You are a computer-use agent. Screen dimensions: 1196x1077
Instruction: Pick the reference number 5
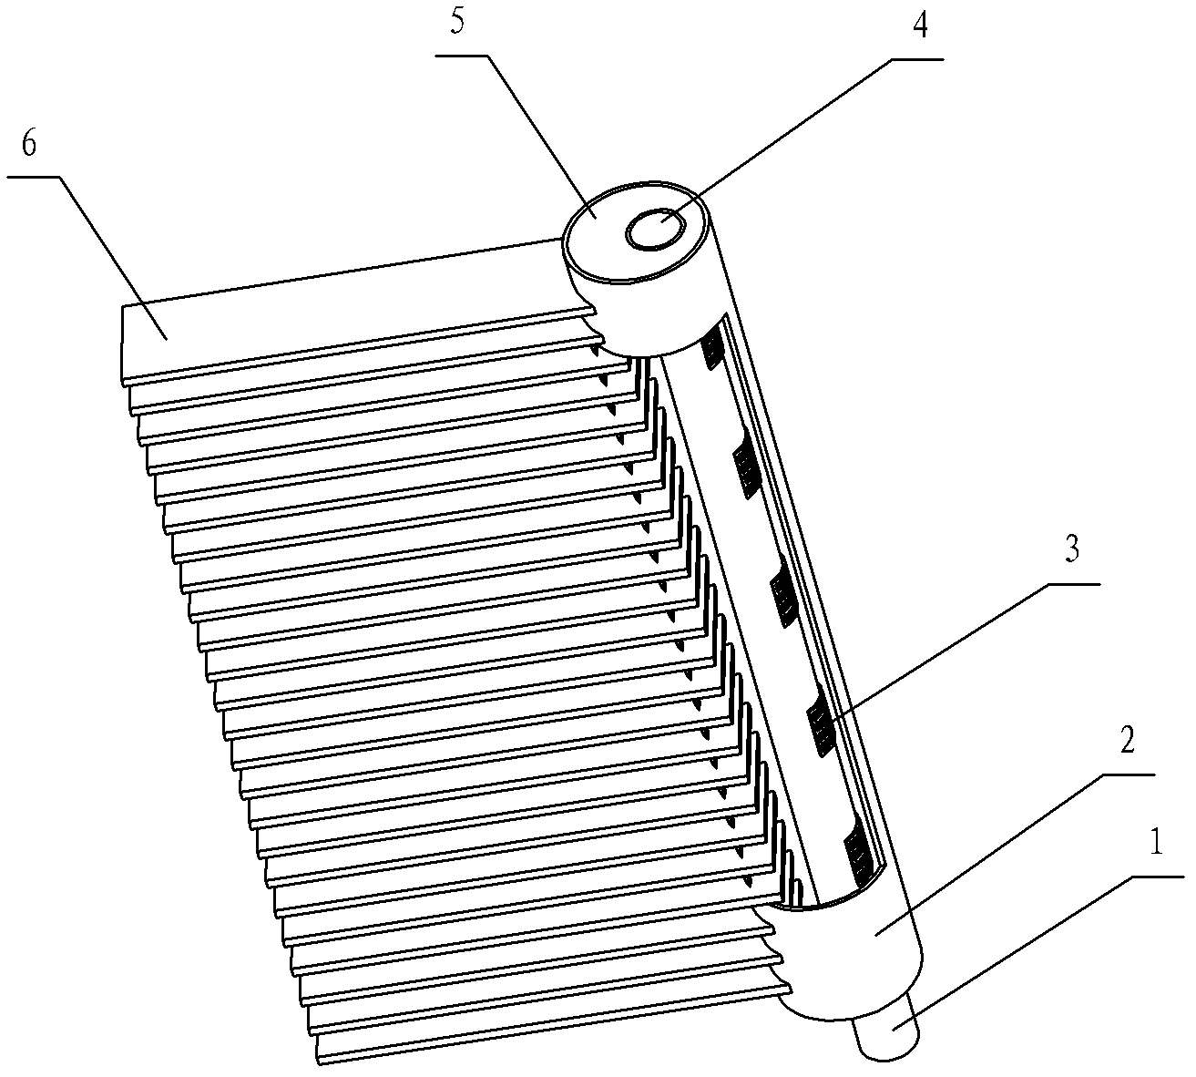pyautogui.click(x=456, y=23)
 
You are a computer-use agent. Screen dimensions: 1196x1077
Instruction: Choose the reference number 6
pyautogui.click(x=28, y=143)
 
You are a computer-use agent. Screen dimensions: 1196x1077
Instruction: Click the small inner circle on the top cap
pyautogui.click(x=654, y=229)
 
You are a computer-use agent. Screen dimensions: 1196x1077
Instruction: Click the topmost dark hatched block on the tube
pyautogui.click(x=713, y=347)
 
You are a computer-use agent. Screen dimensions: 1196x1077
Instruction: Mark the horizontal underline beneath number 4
pyautogui.click(x=917, y=59)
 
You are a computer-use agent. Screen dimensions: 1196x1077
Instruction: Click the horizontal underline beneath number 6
pyautogui.click(x=34, y=176)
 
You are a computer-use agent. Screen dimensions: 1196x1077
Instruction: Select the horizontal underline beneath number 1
pyautogui.click(x=1156, y=877)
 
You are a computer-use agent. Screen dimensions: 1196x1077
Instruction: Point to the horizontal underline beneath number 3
pyautogui.click(x=1072, y=584)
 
